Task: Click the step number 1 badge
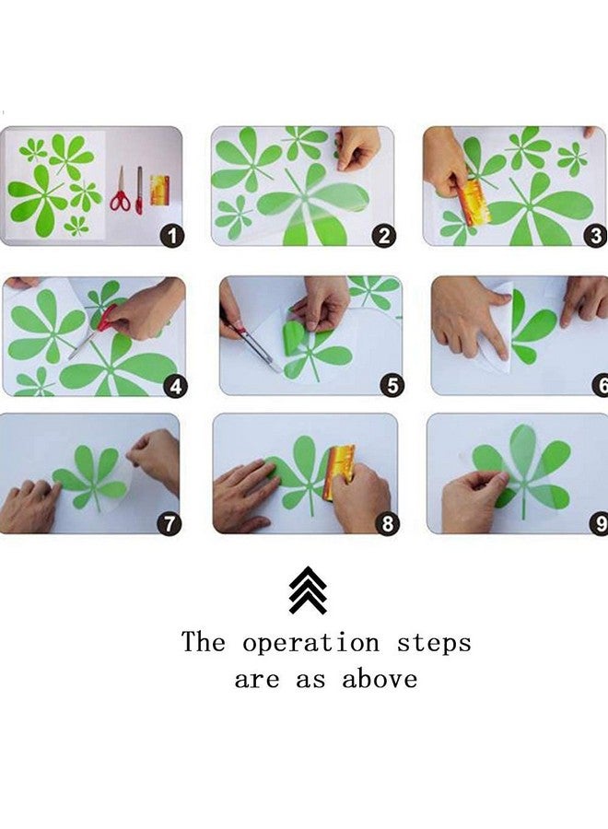pos(172,235)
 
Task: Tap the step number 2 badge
pos(384,235)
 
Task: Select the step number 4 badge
pos(176,386)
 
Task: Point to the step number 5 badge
pos(392,385)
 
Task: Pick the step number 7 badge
pos(170,523)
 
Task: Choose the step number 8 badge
pos(387,523)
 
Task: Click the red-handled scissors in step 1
pos(121,190)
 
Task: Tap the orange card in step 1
pos(159,191)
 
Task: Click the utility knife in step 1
pos(139,191)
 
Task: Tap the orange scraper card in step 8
pos(339,472)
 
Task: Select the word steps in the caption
pos(434,643)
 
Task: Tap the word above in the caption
pos(380,679)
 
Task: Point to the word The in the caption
pos(204,641)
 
